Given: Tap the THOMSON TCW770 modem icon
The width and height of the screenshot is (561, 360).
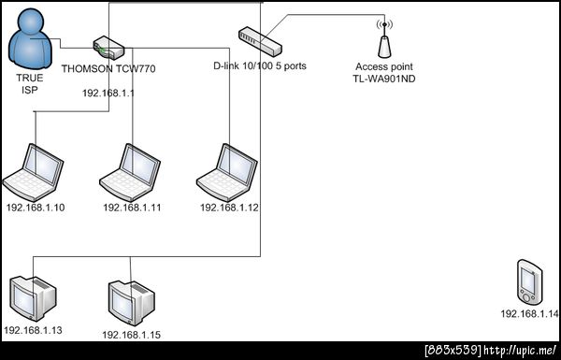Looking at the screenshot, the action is pyautogui.click(x=108, y=48).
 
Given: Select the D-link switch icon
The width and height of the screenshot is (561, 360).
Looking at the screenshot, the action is pyautogui.click(x=260, y=41).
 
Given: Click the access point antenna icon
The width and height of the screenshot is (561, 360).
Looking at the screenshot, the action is pyautogui.click(x=384, y=38).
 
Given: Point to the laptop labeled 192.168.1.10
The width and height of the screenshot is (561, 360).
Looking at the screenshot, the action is pyautogui.click(x=33, y=172).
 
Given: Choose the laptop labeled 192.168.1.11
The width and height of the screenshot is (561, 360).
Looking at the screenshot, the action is pyautogui.click(x=130, y=172).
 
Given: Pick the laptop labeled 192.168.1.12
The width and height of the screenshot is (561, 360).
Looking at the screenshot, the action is pyautogui.click(x=227, y=172).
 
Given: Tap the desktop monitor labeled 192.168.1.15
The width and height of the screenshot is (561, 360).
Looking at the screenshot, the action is pyautogui.click(x=131, y=303).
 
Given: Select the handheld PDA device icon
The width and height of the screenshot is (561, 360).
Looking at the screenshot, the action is pyautogui.click(x=529, y=282).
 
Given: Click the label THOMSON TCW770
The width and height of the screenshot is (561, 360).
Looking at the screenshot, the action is pyautogui.click(x=108, y=68).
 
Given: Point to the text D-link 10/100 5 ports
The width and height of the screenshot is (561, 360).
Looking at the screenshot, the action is pyautogui.click(x=260, y=65).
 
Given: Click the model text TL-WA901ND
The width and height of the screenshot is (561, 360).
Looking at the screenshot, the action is pyautogui.click(x=384, y=79).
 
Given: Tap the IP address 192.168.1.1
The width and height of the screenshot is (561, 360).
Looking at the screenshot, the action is pyautogui.click(x=108, y=94).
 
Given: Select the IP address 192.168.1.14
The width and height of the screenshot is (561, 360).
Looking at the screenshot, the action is pyautogui.click(x=529, y=314).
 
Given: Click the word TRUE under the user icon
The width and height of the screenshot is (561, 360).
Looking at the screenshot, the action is pyautogui.click(x=30, y=78).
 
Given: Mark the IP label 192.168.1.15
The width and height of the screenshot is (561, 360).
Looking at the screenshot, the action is pyautogui.click(x=131, y=335).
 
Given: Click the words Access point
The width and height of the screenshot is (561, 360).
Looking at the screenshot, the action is pyautogui.click(x=384, y=66).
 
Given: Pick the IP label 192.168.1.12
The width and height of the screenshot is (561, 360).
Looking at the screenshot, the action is pyautogui.click(x=229, y=208).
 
